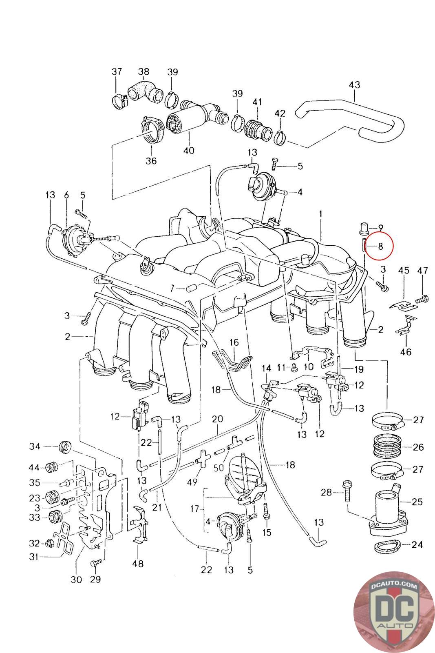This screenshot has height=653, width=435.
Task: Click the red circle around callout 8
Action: [x=379, y=245]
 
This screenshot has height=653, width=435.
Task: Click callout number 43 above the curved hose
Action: [x=354, y=85]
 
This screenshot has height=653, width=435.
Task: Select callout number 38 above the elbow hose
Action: [x=144, y=71]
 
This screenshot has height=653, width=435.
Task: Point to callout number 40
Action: [x=189, y=151]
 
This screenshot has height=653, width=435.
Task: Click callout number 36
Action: [x=151, y=161]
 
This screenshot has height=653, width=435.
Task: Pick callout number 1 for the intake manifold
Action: [x=320, y=214]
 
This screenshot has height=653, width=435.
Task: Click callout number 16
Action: [x=234, y=342]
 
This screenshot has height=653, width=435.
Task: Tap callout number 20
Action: [x=217, y=419]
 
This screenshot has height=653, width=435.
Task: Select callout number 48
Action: [x=138, y=564]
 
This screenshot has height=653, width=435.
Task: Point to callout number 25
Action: [x=417, y=502]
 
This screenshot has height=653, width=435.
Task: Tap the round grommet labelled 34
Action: [x=65, y=447]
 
